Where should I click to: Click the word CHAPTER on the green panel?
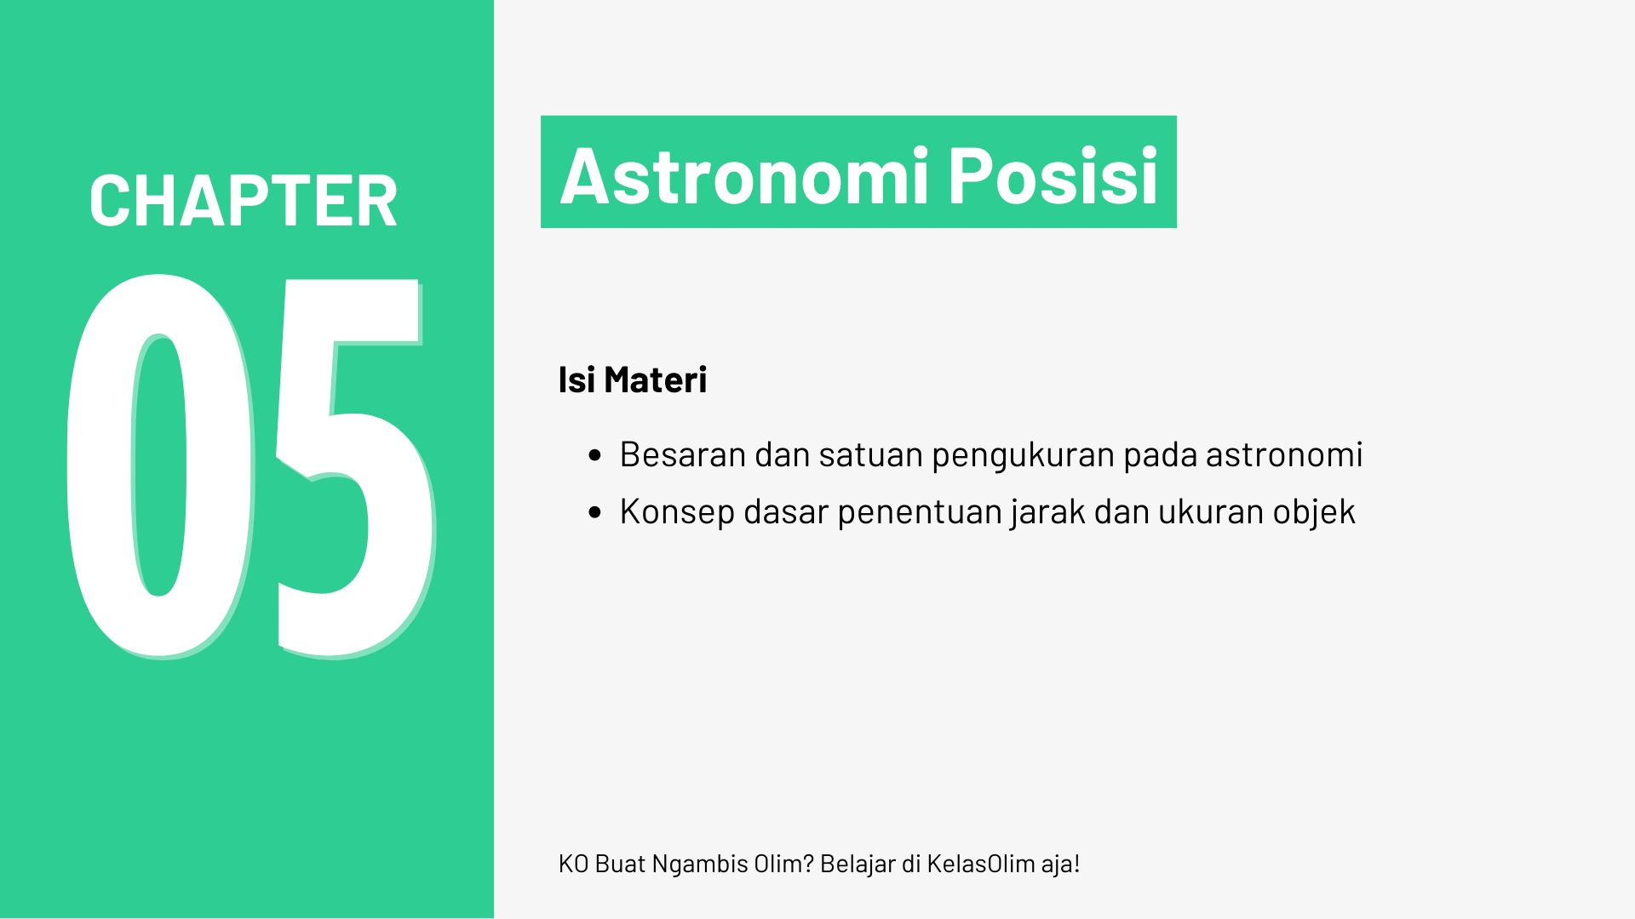coord(244,201)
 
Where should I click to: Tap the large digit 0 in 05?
coord(160,465)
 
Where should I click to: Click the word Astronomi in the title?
coord(743,175)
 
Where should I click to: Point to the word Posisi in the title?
coord(1053,175)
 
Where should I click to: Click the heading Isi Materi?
coord(633,380)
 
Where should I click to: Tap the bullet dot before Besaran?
coord(595,456)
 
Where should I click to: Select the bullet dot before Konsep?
coord(595,512)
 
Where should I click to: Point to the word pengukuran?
coord(1023,456)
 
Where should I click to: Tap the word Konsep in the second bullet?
coord(677,511)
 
